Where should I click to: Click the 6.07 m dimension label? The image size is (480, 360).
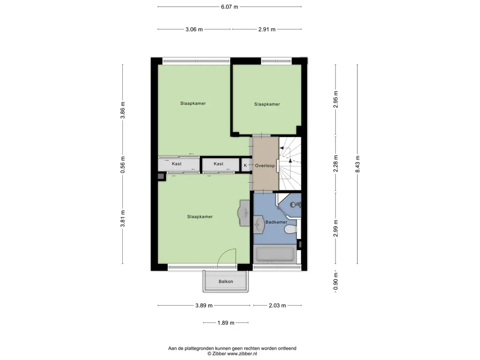click(x=230, y=7)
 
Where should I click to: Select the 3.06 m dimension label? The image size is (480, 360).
click(x=194, y=30)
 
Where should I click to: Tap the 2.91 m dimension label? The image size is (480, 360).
click(x=267, y=30)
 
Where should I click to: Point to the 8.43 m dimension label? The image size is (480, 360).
click(x=358, y=164)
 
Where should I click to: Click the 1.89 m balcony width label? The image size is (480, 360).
click(x=226, y=322)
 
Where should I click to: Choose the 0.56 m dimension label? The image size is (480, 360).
click(x=123, y=165)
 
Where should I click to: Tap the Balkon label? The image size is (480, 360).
click(x=226, y=281)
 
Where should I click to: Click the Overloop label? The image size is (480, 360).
click(x=265, y=165)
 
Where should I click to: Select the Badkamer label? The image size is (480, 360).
click(x=276, y=222)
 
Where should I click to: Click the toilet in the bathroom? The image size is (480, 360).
click(x=291, y=229)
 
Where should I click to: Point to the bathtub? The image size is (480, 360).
click(x=275, y=255)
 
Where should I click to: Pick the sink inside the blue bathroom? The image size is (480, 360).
click(x=259, y=225)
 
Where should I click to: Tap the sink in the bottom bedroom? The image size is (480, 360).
click(x=244, y=213)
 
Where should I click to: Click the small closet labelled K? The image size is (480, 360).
click(x=245, y=165)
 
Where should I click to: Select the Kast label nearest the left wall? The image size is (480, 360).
click(x=177, y=164)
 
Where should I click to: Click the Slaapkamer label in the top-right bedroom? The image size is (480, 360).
click(x=267, y=104)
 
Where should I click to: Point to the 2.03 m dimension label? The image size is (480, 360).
click(x=277, y=306)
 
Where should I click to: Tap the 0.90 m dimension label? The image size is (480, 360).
click(x=336, y=282)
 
